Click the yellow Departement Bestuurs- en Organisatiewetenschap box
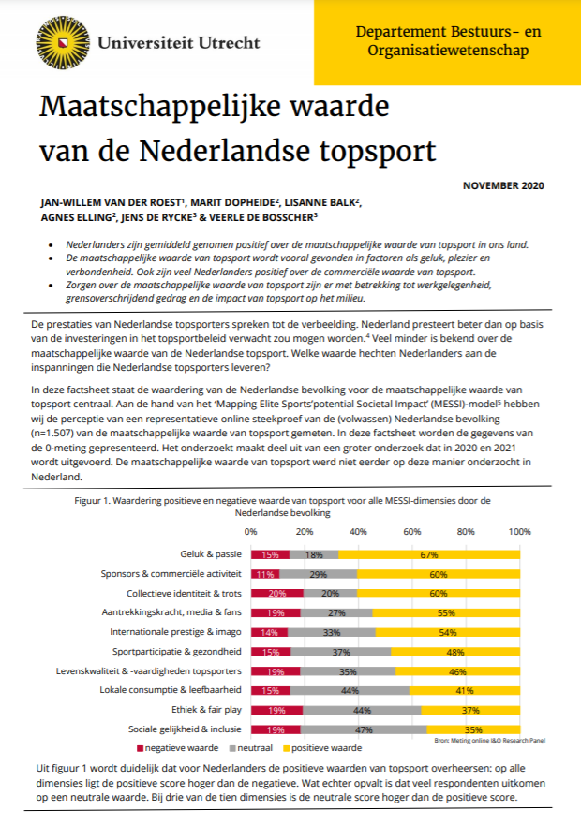click(x=448, y=40)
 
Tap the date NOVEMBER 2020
click(x=503, y=185)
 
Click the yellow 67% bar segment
click(x=430, y=554)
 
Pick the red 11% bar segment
click(x=264, y=574)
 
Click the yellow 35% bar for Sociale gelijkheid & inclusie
click(x=472, y=729)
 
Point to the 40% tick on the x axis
click(x=357, y=531)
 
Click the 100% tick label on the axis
click(x=519, y=531)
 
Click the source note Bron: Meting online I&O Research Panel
click(x=489, y=741)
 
